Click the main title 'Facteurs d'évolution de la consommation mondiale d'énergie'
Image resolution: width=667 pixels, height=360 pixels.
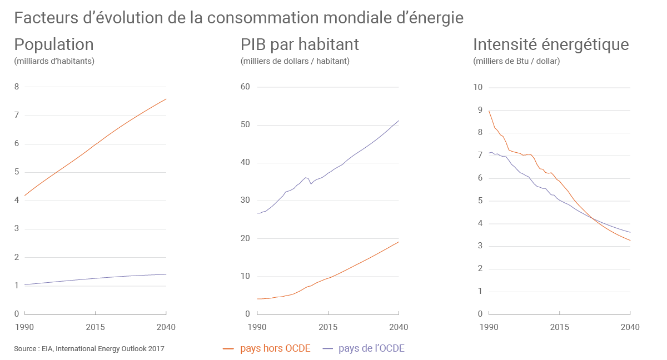click(x=238, y=18)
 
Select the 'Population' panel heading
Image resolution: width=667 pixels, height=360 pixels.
click(x=53, y=44)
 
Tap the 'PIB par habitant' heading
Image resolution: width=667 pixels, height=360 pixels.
click(x=300, y=44)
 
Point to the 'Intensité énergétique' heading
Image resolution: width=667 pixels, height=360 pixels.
click(x=550, y=44)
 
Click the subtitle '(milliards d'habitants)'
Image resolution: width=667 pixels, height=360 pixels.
click(x=54, y=61)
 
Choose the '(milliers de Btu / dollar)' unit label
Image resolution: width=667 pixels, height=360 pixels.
click(x=516, y=61)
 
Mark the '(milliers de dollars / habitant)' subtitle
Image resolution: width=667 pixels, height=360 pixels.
click(x=295, y=61)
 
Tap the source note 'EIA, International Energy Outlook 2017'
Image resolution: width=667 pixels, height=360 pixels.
click(x=89, y=349)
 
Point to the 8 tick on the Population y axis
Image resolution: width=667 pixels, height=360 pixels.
click(x=17, y=87)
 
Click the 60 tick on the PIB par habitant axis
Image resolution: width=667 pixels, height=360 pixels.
click(x=245, y=87)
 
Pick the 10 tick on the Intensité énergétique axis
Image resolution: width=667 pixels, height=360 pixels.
click(x=477, y=87)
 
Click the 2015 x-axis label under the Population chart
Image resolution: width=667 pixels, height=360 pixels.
click(x=95, y=327)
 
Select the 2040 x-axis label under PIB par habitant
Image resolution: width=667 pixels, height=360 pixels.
click(x=399, y=327)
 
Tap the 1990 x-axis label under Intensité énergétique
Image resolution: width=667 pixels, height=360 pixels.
click(x=489, y=327)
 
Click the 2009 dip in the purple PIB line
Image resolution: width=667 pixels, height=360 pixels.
click(x=311, y=184)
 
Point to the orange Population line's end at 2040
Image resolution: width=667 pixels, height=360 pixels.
click(x=166, y=99)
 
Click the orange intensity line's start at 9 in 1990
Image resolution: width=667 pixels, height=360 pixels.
click(x=489, y=111)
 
